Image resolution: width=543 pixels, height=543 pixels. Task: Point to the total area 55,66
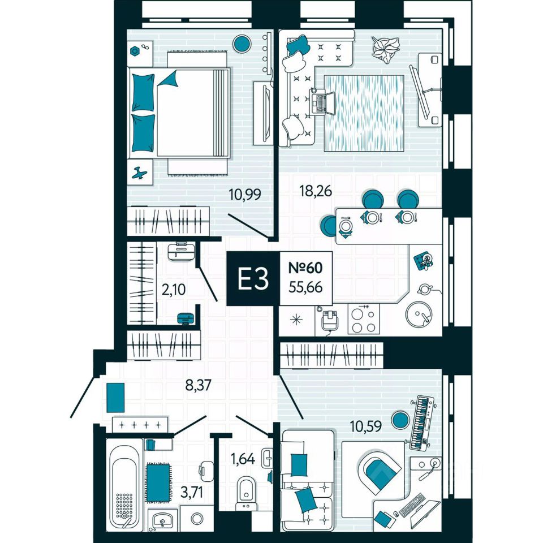[x=305, y=287]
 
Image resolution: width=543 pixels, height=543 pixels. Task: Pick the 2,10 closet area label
[x=174, y=290]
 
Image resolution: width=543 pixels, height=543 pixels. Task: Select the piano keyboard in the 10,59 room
[x=421, y=421]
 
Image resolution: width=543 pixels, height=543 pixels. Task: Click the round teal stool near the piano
[x=400, y=420]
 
